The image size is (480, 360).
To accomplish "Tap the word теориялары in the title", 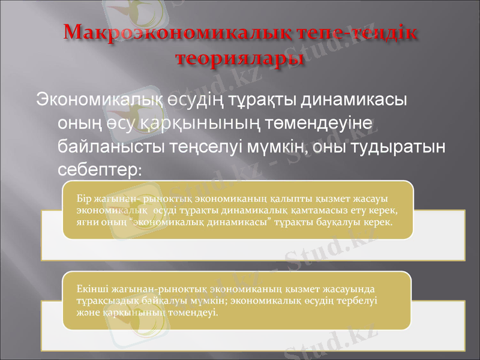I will pyautogui.click(x=239, y=58).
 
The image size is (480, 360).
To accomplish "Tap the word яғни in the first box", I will pyautogui.click(x=86, y=223).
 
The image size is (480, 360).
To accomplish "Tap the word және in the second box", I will pyautogui.click(x=86, y=312).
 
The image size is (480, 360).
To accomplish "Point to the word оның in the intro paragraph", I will pyautogui.click(x=76, y=123).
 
